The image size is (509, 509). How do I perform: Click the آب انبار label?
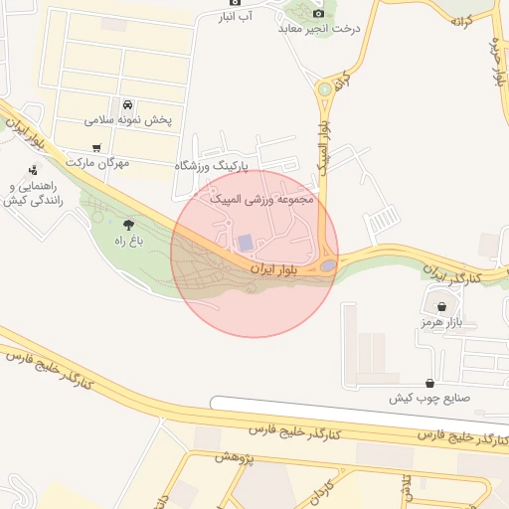tap(235, 17)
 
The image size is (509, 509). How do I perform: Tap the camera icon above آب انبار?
tap(236, 3)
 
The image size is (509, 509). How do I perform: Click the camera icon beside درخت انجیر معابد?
tap(318, 13)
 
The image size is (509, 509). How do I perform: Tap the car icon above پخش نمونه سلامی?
tap(127, 104)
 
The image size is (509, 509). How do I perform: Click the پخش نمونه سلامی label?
tap(128, 120)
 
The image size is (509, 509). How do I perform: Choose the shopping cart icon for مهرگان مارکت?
tap(95, 148)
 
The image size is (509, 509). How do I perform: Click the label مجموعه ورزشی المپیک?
tap(262, 199)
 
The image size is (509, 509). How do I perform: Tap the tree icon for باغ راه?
tap(127, 225)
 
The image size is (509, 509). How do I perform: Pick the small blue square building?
tap(245, 243)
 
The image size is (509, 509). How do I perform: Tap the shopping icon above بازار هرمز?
tap(441, 307)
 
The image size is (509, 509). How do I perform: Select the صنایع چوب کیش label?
tap(427, 398)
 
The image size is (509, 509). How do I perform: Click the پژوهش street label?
tap(236, 456)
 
